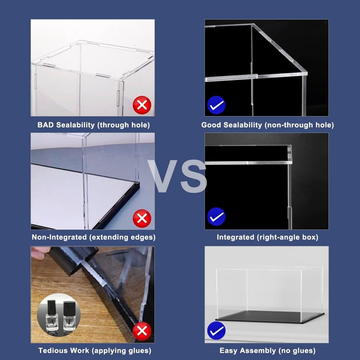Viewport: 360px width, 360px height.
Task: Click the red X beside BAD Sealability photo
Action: tap(142, 105)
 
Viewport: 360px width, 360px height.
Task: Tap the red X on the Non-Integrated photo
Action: tap(142, 218)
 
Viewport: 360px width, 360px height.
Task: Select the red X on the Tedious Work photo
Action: tap(142, 331)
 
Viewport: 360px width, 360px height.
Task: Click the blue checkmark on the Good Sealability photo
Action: tap(216, 105)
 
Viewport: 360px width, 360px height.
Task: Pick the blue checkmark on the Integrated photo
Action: tap(216, 217)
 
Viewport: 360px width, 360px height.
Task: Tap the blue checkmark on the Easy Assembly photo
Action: tap(216, 331)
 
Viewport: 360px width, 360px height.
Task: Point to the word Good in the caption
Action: tap(211, 125)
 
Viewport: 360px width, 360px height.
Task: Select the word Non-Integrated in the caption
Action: tap(59, 237)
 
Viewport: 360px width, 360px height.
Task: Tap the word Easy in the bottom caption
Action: tap(228, 350)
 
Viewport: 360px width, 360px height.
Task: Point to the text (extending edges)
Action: tap(122, 237)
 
